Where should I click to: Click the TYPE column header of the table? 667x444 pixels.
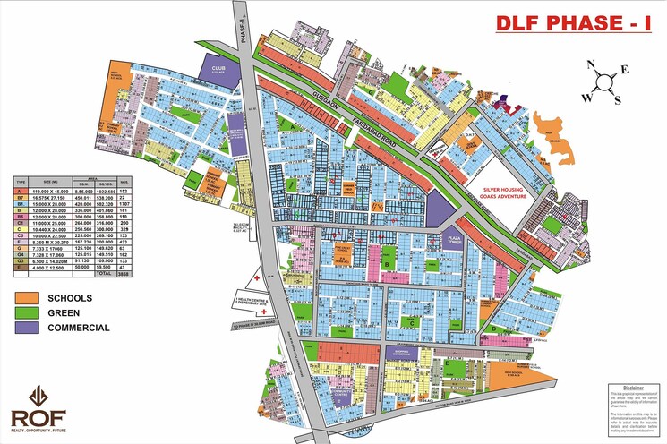coord(19,181)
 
